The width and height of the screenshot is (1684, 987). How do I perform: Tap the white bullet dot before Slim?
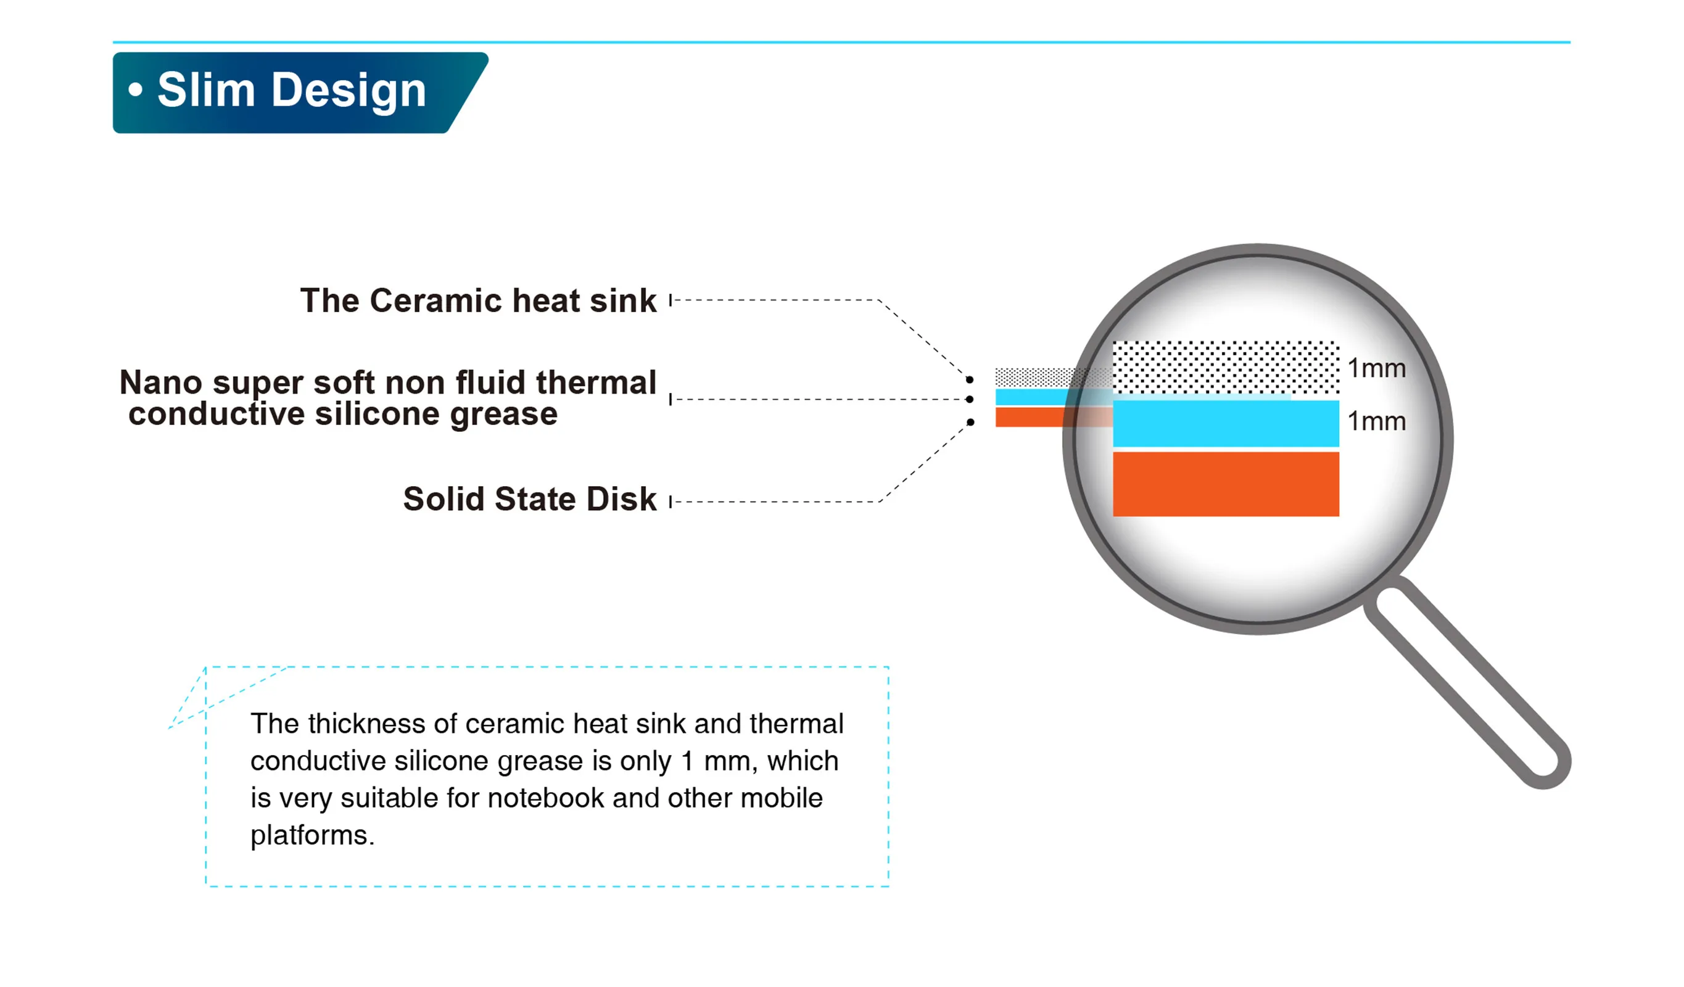(136, 89)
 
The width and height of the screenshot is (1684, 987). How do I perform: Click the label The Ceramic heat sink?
(479, 300)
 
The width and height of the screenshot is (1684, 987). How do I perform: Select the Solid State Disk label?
(530, 499)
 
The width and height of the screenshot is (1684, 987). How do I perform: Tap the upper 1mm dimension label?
(1377, 369)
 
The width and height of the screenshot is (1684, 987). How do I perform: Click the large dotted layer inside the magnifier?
(1226, 368)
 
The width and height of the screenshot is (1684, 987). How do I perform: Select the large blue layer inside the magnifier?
(1226, 424)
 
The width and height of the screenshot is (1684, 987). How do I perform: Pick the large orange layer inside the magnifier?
(1226, 484)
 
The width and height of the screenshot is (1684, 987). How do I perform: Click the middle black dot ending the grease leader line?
(970, 400)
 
